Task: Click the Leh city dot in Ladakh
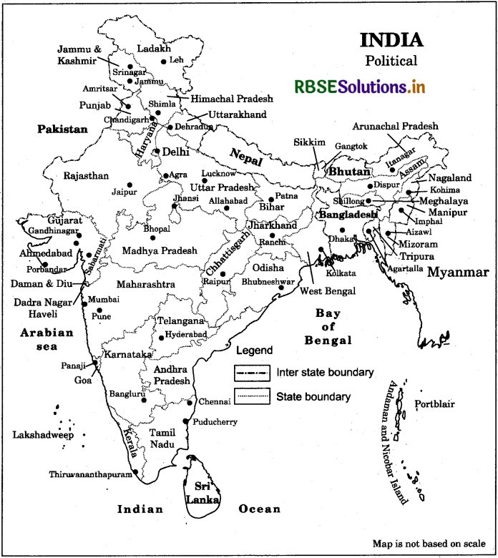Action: pyautogui.click(x=163, y=62)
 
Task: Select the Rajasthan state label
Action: pyautogui.click(x=86, y=175)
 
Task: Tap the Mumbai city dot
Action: pyautogui.click(x=86, y=303)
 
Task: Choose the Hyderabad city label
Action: pyautogui.click(x=185, y=334)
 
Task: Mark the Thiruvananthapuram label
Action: pyautogui.click(x=91, y=474)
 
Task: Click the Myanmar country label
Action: pyautogui.click(x=458, y=272)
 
